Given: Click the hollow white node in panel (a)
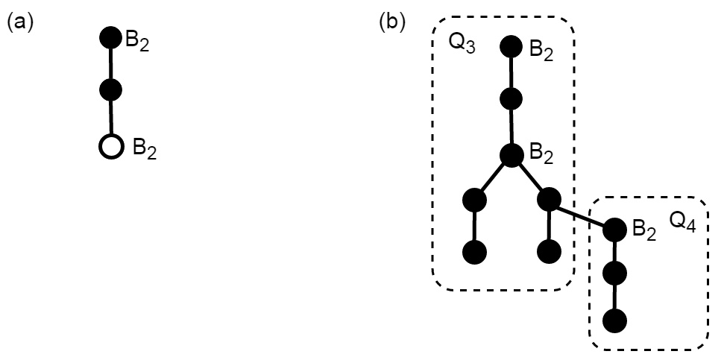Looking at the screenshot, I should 110,147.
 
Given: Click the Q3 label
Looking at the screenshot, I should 462,44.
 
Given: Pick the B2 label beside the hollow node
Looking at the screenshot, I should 145,148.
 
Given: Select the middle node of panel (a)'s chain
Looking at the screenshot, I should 110,91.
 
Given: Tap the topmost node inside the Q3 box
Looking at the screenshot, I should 511,45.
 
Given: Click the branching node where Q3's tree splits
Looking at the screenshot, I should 511,155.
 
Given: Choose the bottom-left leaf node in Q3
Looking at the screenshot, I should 474,252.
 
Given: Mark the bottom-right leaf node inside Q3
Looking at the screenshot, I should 548,252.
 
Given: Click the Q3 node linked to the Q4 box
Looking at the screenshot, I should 548,200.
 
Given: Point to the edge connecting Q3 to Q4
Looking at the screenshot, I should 582,215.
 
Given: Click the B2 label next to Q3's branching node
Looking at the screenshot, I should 541,156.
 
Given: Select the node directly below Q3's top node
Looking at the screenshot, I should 511,98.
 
